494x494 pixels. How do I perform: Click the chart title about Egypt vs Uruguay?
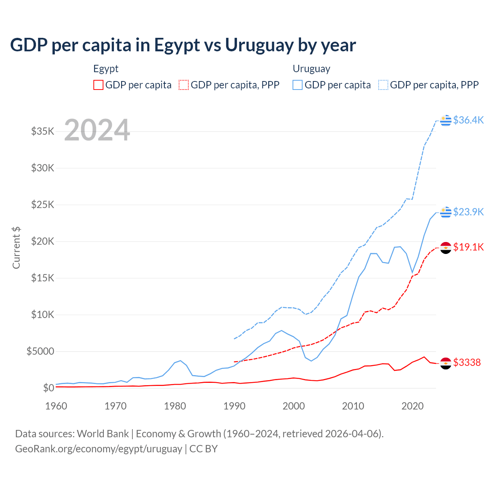coord(183,45)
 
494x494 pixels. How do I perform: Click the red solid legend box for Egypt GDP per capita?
coord(98,85)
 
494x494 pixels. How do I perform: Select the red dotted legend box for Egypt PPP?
coord(184,85)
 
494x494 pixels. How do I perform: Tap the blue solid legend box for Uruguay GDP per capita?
coord(298,85)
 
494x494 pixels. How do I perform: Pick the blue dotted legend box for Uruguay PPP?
coord(383,85)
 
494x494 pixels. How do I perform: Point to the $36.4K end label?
coord(468,120)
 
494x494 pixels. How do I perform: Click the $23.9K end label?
coord(468,212)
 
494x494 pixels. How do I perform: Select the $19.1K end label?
coord(468,247)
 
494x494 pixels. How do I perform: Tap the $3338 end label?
coord(467,362)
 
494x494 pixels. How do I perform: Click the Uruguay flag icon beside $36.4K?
coord(446,120)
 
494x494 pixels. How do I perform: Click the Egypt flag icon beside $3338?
coord(446,363)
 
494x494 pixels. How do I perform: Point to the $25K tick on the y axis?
coord(43,205)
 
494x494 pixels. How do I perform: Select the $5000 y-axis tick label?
coord(40,351)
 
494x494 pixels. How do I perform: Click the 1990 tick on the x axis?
coord(234,406)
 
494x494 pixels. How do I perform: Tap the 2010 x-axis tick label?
coord(353,406)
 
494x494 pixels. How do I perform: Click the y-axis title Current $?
coord(16,247)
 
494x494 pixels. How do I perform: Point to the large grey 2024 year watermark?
coord(97,130)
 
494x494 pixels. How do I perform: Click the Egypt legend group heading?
coord(106,69)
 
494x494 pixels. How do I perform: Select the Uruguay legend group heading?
coord(311,69)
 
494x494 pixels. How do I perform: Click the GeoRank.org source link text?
coord(98,449)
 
